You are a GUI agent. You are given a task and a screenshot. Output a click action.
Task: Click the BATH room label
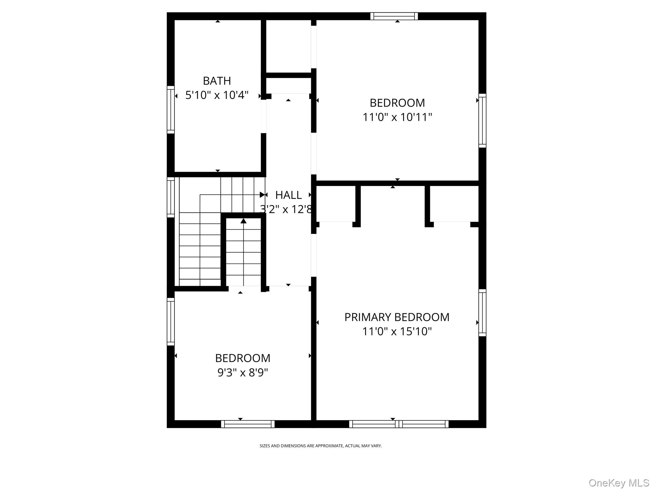(x=217, y=81)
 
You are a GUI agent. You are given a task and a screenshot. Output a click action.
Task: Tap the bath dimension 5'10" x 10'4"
(x=217, y=95)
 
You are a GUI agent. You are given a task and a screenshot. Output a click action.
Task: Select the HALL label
(x=288, y=195)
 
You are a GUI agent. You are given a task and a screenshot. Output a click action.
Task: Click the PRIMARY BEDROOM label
(x=397, y=317)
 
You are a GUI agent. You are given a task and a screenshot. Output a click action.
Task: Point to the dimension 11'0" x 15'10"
(x=397, y=331)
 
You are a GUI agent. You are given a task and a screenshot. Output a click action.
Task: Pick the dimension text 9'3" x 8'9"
(x=243, y=372)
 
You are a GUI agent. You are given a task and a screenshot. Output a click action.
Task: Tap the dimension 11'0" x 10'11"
(x=397, y=117)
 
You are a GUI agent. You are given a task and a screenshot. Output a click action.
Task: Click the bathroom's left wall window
(x=171, y=109)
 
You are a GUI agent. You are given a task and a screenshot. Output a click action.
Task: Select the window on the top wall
(x=394, y=16)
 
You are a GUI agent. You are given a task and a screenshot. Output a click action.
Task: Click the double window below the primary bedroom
(x=399, y=424)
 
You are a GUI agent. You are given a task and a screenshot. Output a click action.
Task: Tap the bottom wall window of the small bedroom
(x=248, y=424)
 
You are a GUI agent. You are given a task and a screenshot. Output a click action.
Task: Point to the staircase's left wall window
(x=171, y=197)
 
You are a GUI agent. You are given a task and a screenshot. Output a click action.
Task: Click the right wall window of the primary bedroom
(x=482, y=313)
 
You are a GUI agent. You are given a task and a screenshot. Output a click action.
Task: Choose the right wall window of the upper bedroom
(x=482, y=121)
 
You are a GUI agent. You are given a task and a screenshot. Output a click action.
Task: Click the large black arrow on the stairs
(x=244, y=221)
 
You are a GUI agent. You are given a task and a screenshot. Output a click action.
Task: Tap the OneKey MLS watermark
(x=619, y=483)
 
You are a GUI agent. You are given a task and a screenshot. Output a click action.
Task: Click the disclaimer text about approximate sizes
(x=320, y=446)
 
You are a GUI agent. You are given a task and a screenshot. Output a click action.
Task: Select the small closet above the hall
(x=288, y=46)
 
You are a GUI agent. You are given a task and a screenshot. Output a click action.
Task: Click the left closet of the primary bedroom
(x=336, y=204)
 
